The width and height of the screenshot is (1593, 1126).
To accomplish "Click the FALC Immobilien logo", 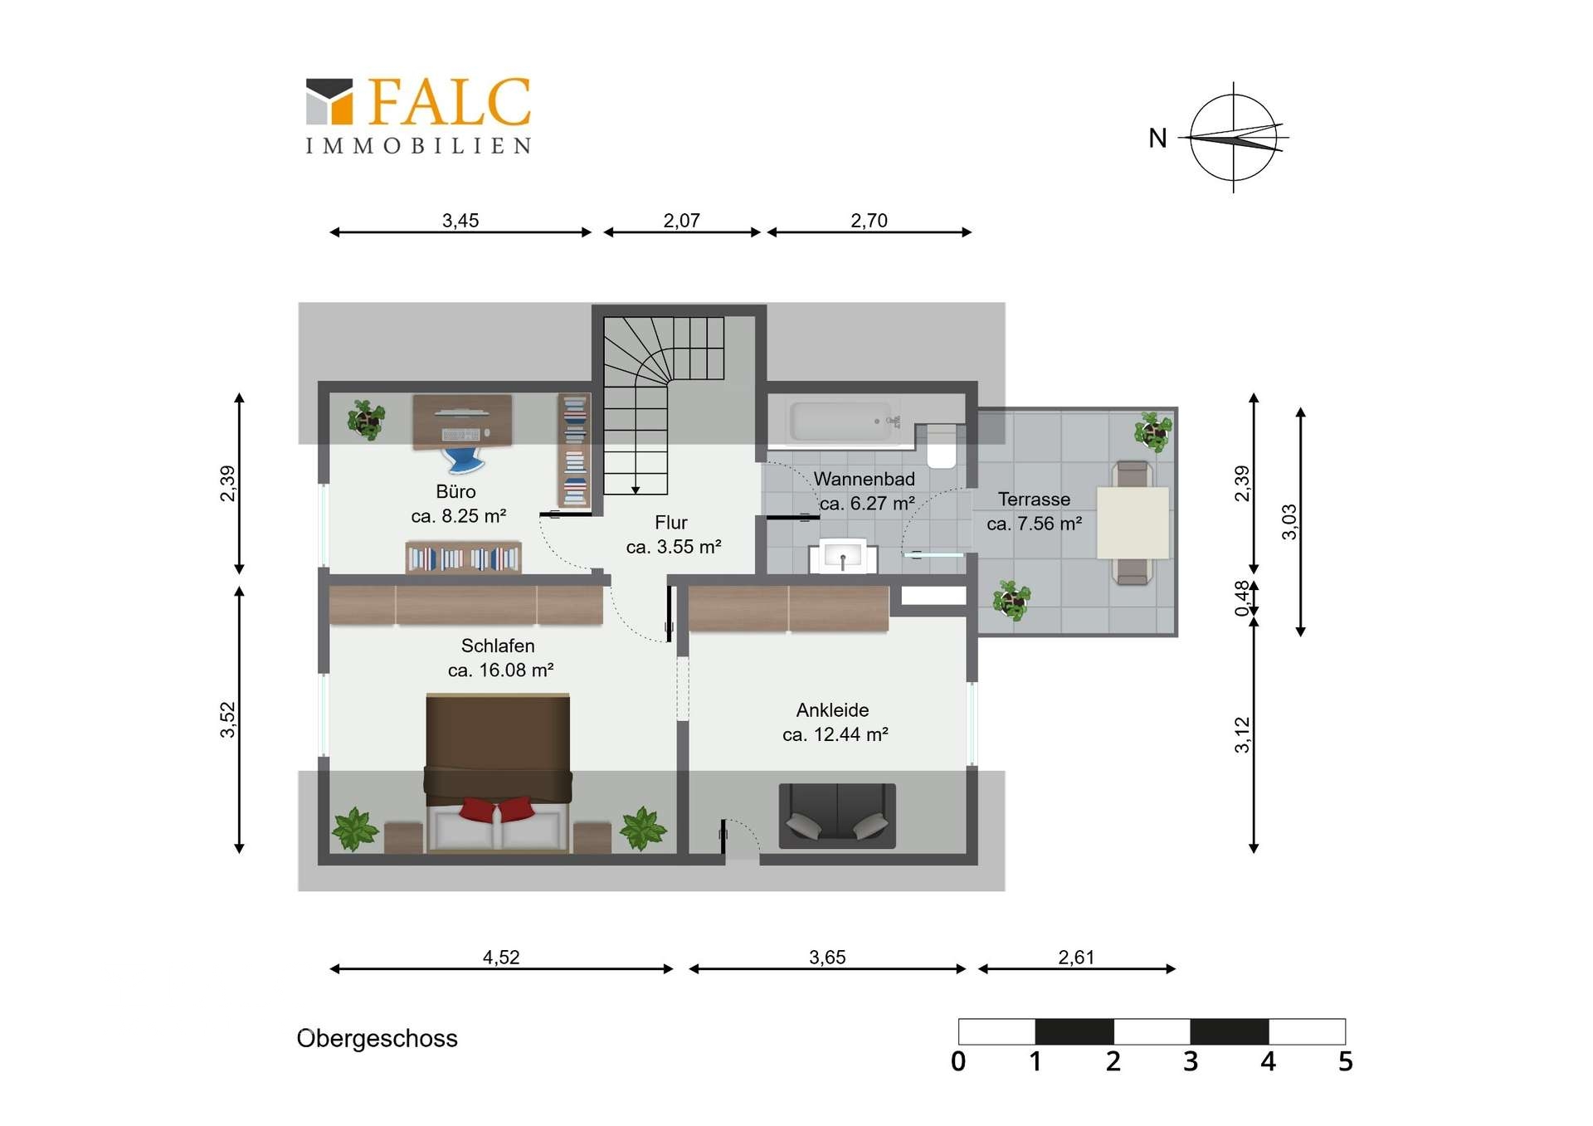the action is [418, 116].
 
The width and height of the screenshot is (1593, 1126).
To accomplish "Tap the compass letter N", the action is [1157, 138].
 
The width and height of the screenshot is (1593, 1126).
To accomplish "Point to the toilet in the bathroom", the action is [942, 446].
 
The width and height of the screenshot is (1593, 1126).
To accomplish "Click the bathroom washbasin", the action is [843, 556].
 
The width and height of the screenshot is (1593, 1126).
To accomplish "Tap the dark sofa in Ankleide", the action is [837, 816].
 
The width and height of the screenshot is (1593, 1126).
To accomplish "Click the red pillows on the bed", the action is [497, 809].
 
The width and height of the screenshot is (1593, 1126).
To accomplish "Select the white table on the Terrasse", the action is [1133, 523].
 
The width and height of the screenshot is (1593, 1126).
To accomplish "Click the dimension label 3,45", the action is [460, 221].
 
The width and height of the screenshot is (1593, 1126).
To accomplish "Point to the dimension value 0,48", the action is [1242, 598].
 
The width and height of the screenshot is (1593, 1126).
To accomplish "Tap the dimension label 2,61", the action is [1076, 958].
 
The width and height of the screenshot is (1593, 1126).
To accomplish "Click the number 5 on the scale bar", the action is [1345, 1061].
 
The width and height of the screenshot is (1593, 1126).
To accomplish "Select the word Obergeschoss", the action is [377, 1039].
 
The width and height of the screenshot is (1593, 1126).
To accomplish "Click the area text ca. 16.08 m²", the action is [500, 670].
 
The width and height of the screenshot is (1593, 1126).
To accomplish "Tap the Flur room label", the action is [671, 523].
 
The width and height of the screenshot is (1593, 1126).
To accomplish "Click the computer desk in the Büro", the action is [462, 422].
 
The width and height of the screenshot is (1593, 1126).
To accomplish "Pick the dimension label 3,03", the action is [1289, 522].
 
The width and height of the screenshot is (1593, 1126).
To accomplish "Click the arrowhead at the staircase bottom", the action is [636, 490].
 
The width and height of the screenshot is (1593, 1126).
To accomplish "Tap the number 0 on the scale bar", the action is [958, 1061].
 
